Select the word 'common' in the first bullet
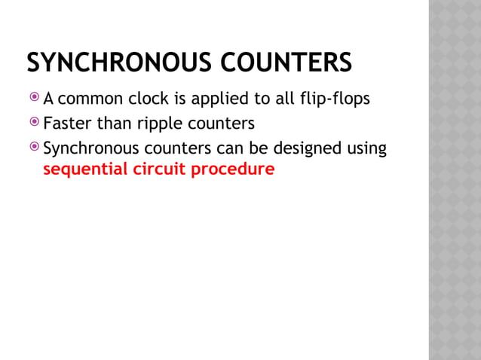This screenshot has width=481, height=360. point(86,99)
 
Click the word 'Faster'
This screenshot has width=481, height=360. point(67,123)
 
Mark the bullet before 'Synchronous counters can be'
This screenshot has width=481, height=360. point(34,148)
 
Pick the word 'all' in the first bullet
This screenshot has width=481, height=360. point(283,99)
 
